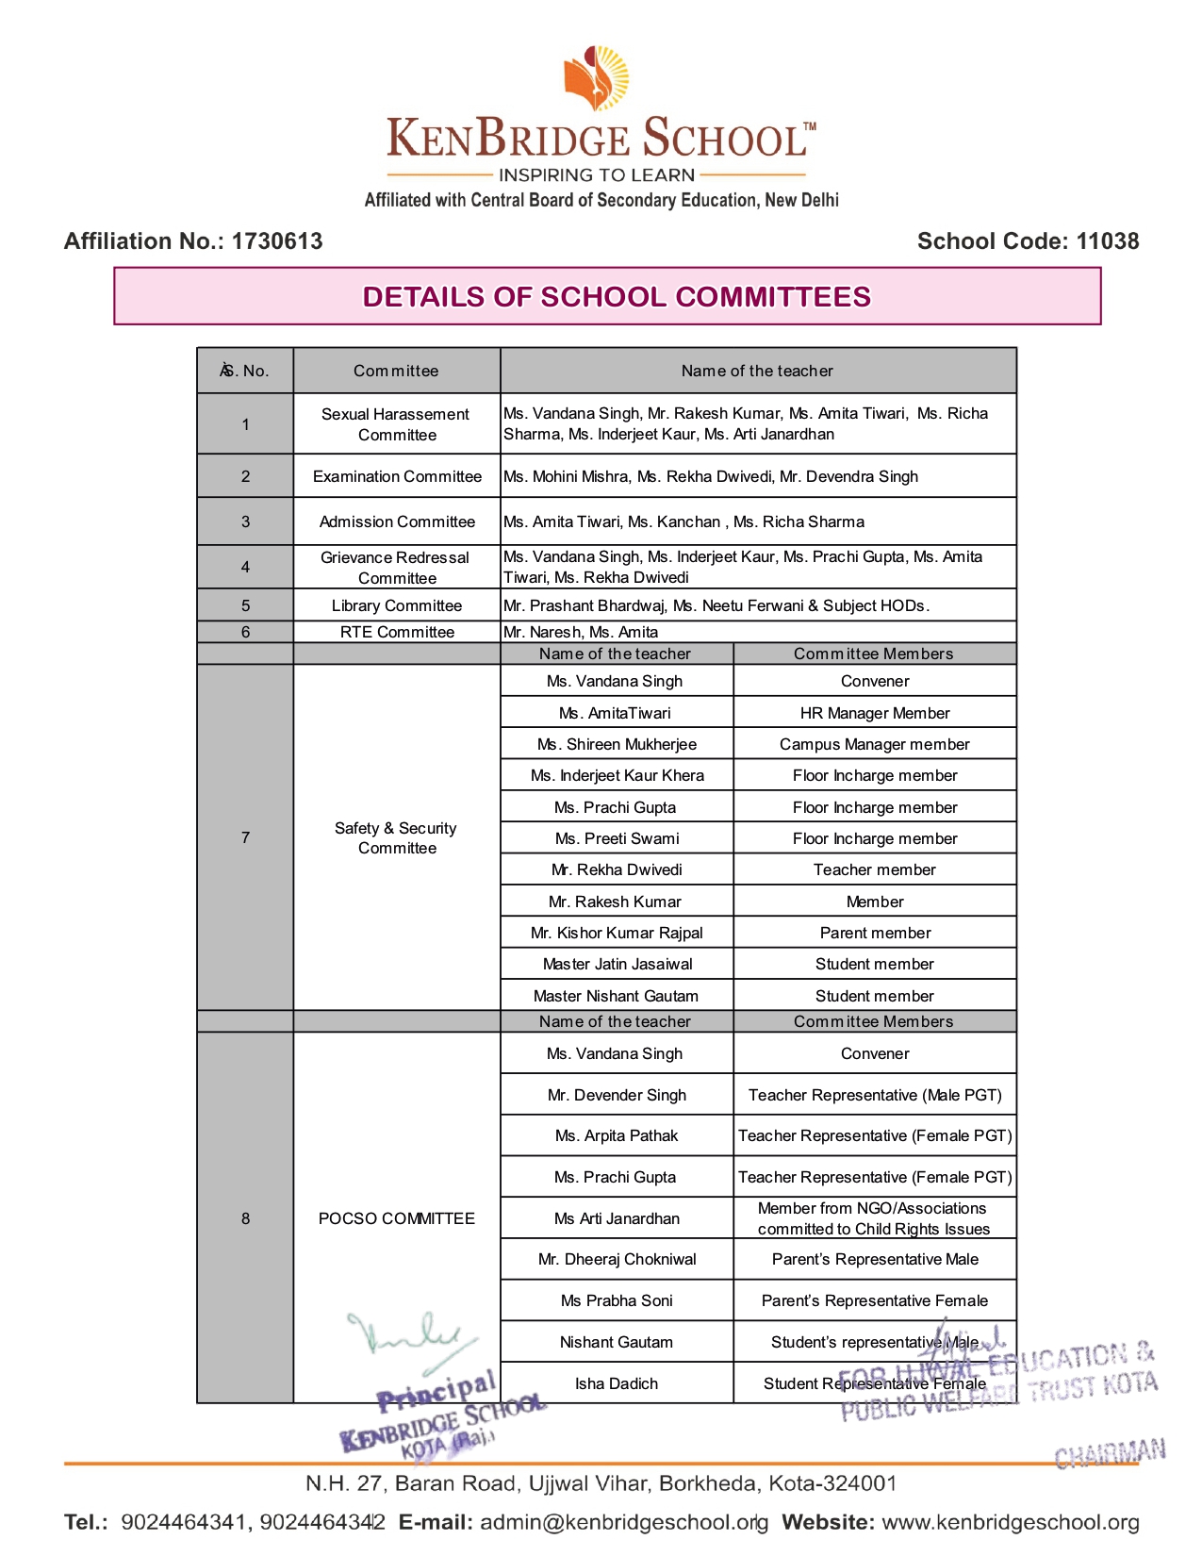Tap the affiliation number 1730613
[x=277, y=241]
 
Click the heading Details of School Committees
[x=617, y=297]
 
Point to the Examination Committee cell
[x=397, y=476]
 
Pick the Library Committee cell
[x=397, y=605]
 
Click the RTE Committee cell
[x=397, y=632]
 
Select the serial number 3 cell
[x=245, y=521]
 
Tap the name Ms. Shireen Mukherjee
[x=617, y=744]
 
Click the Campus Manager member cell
[x=874, y=744]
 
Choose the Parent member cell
[x=875, y=933]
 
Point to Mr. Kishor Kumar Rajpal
[x=617, y=933]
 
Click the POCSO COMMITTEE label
[x=397, y=1218]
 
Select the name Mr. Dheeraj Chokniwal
[x=617, y=1259]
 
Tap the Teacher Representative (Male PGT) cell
[x=875, y=1095]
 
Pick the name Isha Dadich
[x=617, y=1383]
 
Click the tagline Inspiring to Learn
[x=597, y=175]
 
